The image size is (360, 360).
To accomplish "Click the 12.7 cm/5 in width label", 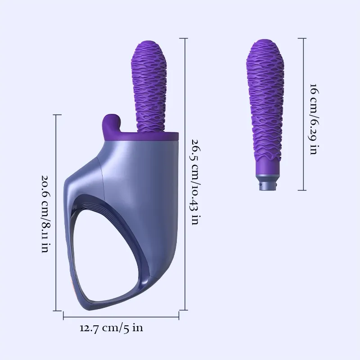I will pos(111,328).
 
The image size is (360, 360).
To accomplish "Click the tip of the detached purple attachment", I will pos(264,45).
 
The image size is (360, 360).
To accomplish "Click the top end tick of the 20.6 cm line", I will pos(56,115).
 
